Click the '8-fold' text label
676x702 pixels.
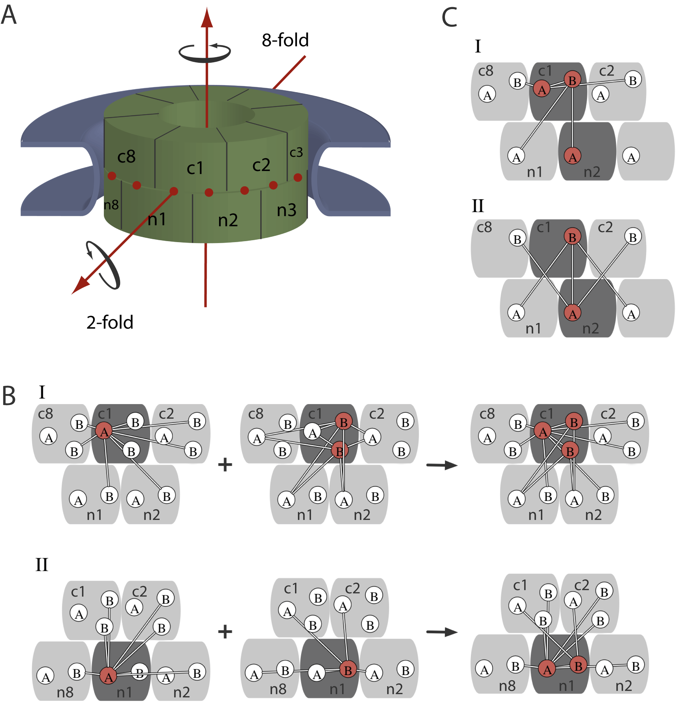tap(285, 40)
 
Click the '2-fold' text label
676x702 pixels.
tap(110, 322)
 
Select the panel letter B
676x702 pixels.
tap(9, 396)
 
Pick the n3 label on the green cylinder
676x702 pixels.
tap(287, 210)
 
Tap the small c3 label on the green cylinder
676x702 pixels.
tap(296, 153)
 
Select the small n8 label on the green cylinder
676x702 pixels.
tap(111, 205)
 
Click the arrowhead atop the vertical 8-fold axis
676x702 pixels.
tap(207, 18)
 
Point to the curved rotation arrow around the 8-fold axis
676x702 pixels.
tap(204, 53)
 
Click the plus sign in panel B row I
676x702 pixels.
tap(225, 465)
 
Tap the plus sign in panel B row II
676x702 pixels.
tap(225, 632)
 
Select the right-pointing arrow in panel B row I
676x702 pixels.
tap(442, 465)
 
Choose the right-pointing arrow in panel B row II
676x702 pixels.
tap(442, 632)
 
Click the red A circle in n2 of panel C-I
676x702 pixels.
tap(572, 156)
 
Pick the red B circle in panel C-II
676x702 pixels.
tap(572, 237)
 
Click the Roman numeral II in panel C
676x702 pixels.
tap(478, 206)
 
